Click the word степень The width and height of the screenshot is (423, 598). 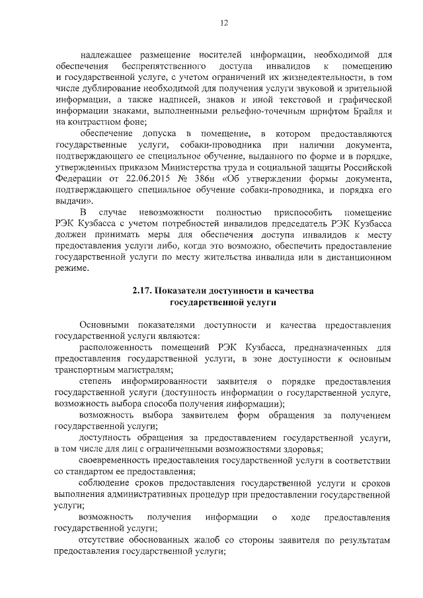95,382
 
